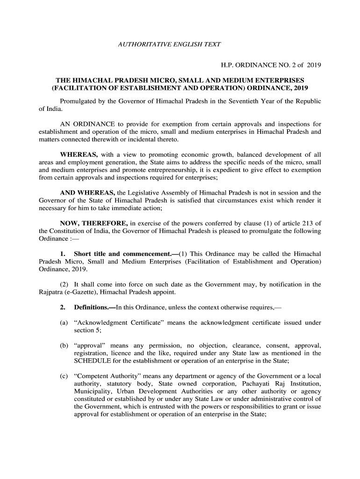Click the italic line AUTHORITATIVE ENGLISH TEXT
pos(169,44)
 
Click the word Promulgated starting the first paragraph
pos(79,102)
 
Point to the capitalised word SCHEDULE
pos(92,361)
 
